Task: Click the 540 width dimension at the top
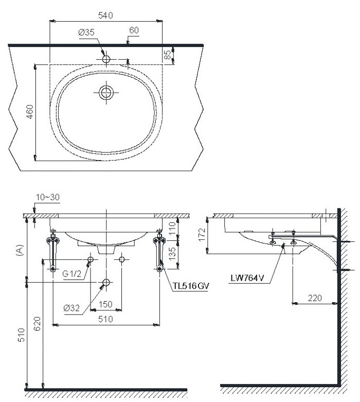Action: (x=106, y=15)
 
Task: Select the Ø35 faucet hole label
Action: (x=86, y=32)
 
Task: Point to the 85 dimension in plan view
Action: (x=167, y=55)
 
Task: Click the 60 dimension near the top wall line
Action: (x=134, y=31)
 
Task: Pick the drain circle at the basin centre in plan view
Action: (x=106, y=93)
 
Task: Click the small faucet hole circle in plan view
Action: (x=106, y=59)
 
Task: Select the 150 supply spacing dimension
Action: (x=106, y=304)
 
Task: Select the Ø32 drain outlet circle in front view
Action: (x=106, y=282)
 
